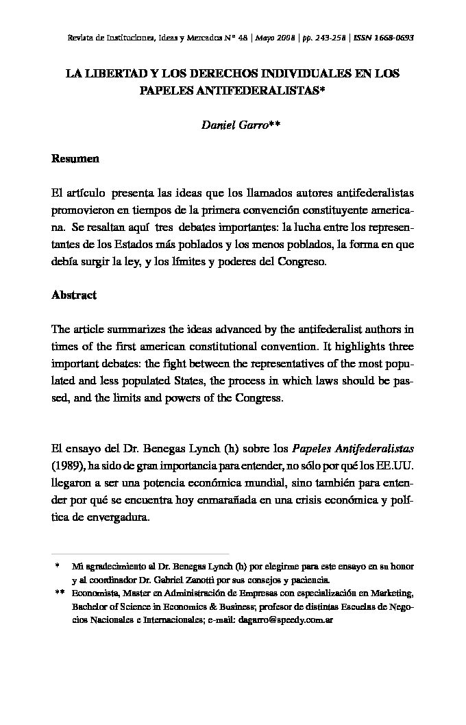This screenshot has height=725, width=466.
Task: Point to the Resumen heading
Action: (x=75, y=159)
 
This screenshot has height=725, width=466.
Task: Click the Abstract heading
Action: (x=74, y=295)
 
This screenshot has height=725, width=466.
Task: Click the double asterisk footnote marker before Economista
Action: (x=59, y=593)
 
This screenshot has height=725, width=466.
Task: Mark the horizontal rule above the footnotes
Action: (x=140, y=554)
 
